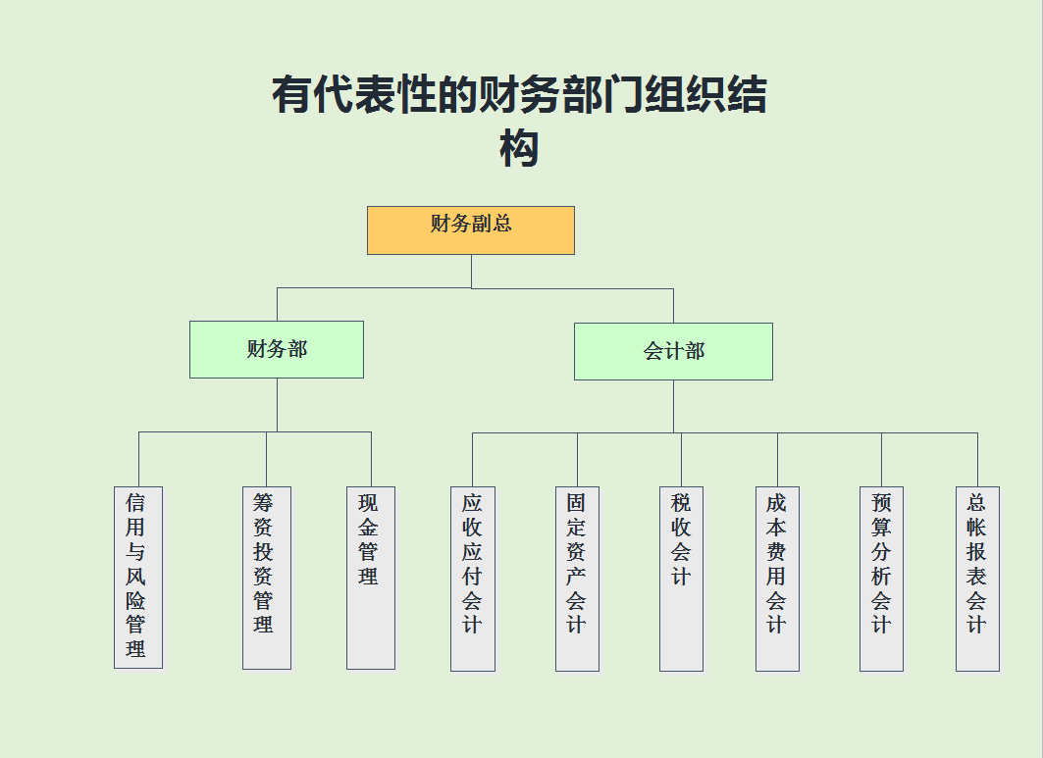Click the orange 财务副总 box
[x=471, y=230]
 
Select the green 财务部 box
[x=277, y=349]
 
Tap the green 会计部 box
[x=673, y=351]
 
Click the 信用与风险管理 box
[x=138, y=578]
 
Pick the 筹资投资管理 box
[x=267, y=578]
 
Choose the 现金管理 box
[x=371, y=578]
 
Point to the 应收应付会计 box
[x=473, y=579]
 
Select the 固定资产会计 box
[x=577, y=579]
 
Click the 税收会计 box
[x=681, y=579]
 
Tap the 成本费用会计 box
[x=777, y=579]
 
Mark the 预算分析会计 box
[x=881, y=579]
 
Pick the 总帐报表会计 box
[x=977, y=579]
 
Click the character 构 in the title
[x=520, y=148]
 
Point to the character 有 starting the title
[x=292, y=96]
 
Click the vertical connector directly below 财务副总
[x=472, y=272]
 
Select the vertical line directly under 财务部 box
[x=277, y=404]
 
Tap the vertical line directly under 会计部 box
[x=673, y=406]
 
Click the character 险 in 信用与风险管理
[x=136, y=600]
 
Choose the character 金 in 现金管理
[x=369, y=528]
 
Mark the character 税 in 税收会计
[x=681, y=503]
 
